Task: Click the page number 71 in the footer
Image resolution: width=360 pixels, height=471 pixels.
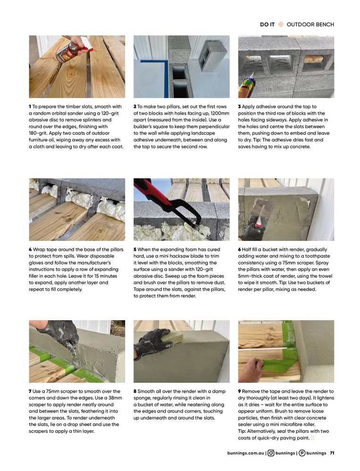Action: tap(332, 453)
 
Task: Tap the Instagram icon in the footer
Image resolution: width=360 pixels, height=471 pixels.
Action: tap(271, 453)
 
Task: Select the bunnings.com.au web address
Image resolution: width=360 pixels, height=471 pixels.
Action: tap(245, 453)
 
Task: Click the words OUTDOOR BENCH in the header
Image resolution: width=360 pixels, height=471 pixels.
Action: tap(310, 25)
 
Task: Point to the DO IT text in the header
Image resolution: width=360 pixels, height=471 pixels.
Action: tap(267, 25)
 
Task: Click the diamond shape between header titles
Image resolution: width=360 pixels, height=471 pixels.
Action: tap(281, 25)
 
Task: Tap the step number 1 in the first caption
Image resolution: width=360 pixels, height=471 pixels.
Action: tap(30, 107)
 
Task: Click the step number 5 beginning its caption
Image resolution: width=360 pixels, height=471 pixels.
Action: tap(135, 249)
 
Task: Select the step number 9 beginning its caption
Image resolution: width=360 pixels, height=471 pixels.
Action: tap(240, 391)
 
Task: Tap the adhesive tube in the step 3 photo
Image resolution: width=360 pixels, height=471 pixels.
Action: tap(245, 85)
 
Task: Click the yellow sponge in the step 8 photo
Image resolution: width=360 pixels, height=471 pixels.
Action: tap(173, 337)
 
